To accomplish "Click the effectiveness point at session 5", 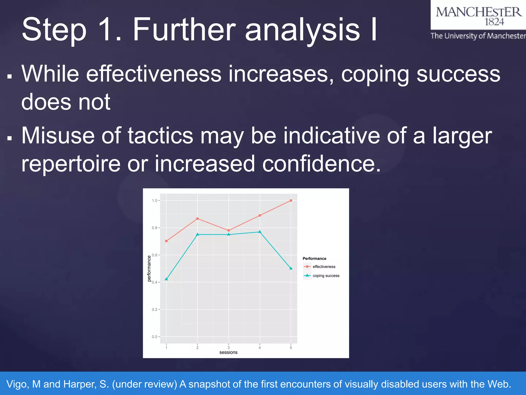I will coord(291,201).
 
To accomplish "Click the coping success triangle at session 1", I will coord(166,279).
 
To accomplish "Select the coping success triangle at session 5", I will coord(291,268).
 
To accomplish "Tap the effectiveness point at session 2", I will coord(197,219).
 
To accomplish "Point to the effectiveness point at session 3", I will coord(229,230).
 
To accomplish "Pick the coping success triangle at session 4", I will coord(260,232).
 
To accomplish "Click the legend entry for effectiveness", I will coord(324,267).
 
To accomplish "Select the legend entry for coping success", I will coord(326,276).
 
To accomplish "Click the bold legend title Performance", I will coord(314,258).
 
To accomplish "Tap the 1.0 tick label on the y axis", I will coord(154,201).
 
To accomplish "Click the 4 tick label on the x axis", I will coord(260,348).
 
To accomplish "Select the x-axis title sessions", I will coord(228,353).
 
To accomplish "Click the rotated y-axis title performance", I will coord(149,268).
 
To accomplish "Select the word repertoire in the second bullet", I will coord(71,164).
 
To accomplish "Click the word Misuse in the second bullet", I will coord(58,136).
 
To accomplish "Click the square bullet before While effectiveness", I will coord(10,76).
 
